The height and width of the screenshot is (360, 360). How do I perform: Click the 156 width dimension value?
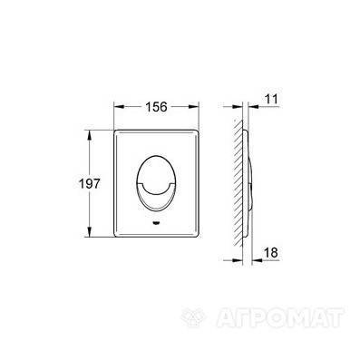tap(156, 106)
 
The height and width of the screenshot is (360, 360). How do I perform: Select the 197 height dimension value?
tap(89, 183)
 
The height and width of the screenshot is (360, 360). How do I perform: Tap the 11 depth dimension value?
tap(270, 99)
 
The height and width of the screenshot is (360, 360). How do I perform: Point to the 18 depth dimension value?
tap(270, 252)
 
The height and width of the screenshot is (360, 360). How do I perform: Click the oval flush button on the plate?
tap(156, 182)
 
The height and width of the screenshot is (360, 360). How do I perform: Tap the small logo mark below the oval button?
tap(156, 223)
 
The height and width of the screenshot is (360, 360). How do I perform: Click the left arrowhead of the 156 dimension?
tap(119, 107)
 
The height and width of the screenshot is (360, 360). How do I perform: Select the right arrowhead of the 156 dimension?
tap(193, 107)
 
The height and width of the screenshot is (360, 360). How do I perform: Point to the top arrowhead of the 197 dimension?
tap(89, 135)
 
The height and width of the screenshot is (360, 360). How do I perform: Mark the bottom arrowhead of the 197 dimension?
tap(89, 231)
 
